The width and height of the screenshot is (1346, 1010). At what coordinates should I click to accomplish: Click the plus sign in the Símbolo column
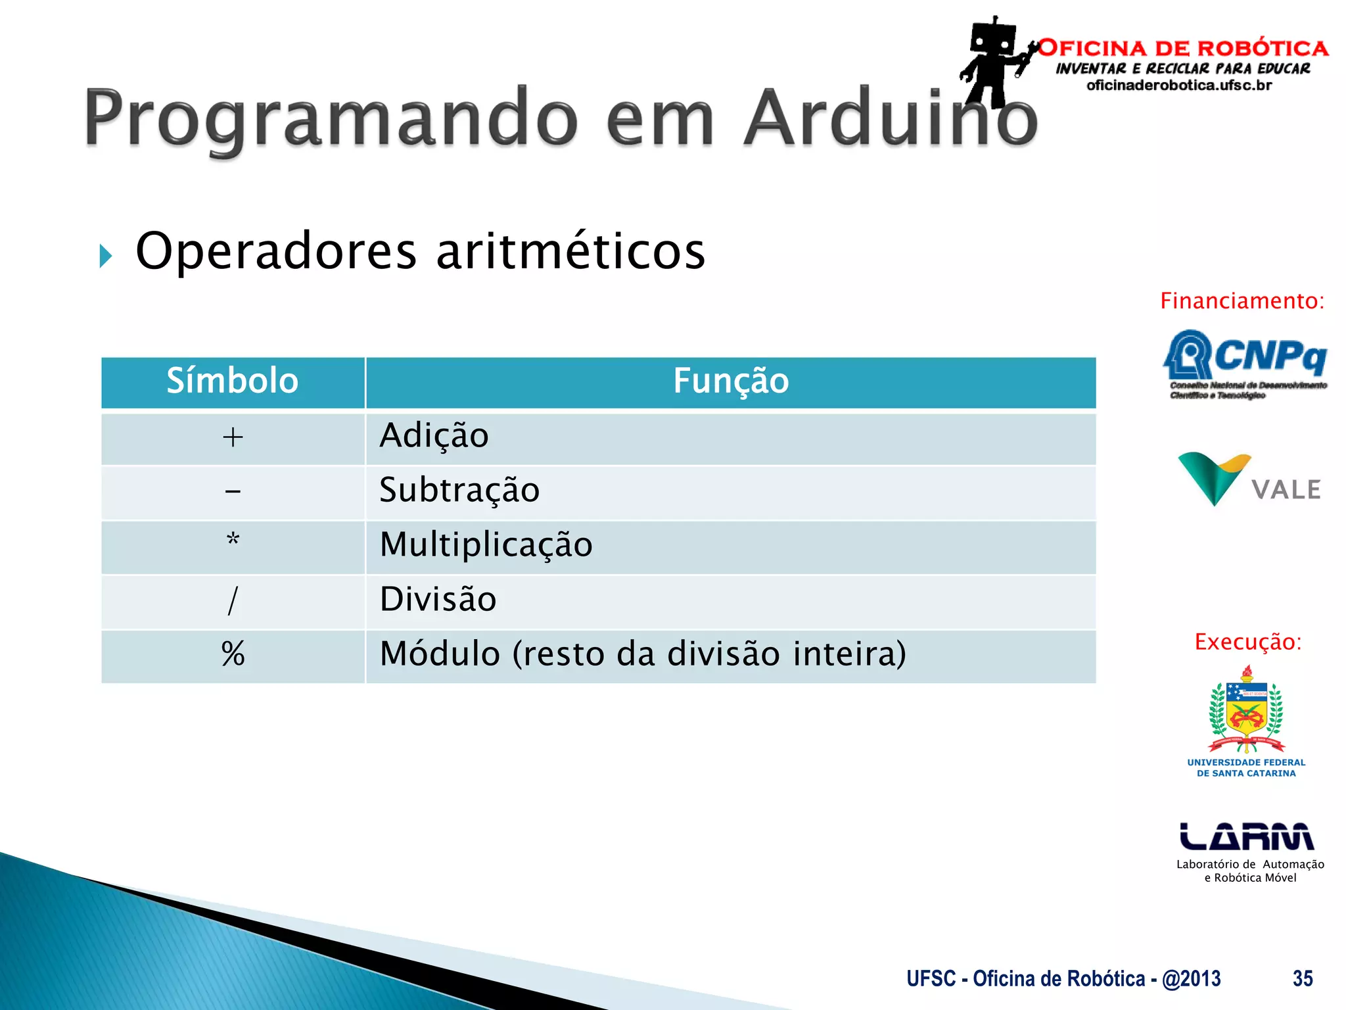(233, 437)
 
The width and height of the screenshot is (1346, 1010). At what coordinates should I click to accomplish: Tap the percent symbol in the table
(233, 654)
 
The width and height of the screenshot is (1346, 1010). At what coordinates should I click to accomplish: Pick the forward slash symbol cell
(233, 600)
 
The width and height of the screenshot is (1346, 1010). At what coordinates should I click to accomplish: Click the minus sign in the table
(233, 491)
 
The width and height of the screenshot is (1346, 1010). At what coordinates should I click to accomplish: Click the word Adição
(434, 436)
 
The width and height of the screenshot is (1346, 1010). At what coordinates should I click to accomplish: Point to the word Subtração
(459, 491)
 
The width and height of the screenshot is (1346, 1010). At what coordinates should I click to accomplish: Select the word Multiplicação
(486, 545)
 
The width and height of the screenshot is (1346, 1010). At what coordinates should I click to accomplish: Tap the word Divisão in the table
(438, 600)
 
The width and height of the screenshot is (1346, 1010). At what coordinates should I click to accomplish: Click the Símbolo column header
(233, 381)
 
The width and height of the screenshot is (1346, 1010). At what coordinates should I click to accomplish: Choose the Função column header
(730, 381)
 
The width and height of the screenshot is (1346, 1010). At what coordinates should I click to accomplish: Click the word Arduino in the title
(890, 118)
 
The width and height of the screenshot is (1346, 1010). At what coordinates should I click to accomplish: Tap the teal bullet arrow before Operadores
(106, 255)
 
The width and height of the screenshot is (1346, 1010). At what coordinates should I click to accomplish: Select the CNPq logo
(1246, 362)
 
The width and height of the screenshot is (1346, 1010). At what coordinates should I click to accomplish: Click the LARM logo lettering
(1246, 836)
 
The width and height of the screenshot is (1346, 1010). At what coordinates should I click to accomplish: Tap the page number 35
(1302, 978)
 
